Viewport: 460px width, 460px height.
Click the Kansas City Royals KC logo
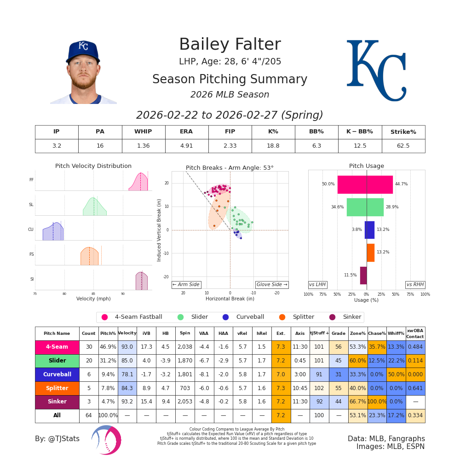[x=376, y=70]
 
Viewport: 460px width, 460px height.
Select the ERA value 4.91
[x=186, y=146]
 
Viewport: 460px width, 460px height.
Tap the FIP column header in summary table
[x=230, y=132]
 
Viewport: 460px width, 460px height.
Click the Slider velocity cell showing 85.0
[x=127, y=361]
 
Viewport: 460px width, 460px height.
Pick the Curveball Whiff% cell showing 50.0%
[x=396, y=374]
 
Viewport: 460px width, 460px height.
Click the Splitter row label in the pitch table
[x=57, y=388]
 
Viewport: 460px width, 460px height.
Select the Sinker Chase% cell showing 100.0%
[x=377, y=402]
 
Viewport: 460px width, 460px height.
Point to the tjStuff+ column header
[x=319, y=333]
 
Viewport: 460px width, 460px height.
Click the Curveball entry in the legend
[x=245, y=317]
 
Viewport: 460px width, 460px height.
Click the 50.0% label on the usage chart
[x=328, y=184]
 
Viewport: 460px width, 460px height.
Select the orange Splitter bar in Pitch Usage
[x=370, y=253]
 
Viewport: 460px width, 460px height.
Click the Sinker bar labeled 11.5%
[x=363, y=275]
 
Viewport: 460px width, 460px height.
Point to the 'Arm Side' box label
[x=186, y=285]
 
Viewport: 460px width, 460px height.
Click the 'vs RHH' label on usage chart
[x=415, y=285]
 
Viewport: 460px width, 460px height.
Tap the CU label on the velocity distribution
[x=31, y=230]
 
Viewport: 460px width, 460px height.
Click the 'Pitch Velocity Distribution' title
[x=93, y=166]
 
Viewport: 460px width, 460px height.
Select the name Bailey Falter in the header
[x=230, y=45]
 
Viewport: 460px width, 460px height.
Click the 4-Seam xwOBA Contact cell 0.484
[x=415, y=347]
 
